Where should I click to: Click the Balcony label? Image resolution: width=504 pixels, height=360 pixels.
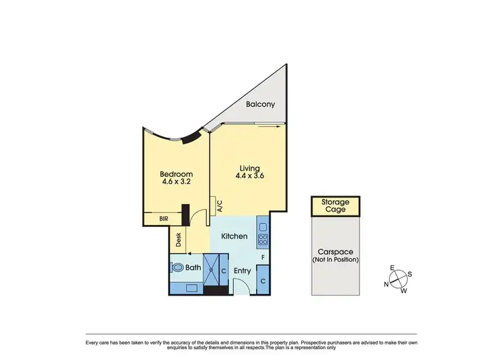point(260,105)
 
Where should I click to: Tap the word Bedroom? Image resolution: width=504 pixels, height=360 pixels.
point(176,174)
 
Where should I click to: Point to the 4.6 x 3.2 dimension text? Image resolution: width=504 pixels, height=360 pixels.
point(176,181)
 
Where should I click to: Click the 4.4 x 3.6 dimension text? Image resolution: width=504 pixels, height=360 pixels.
point(250,176)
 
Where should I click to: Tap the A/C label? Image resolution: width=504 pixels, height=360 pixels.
point(219,206)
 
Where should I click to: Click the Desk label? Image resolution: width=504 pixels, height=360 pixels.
point(179,240)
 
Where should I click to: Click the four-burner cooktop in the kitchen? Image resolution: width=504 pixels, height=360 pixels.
point(263,240)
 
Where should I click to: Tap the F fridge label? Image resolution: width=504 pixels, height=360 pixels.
point(263,257)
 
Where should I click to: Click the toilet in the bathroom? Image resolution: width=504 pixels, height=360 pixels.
point(177,267)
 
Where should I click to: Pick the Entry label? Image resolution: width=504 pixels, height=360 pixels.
point(242,271)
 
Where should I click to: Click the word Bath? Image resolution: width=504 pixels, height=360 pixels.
point(194,268)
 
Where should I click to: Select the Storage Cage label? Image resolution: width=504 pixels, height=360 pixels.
point(334,206)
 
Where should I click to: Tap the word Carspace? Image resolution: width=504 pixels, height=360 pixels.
point(335,253)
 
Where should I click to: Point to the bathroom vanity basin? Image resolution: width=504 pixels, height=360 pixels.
point(189,287)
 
